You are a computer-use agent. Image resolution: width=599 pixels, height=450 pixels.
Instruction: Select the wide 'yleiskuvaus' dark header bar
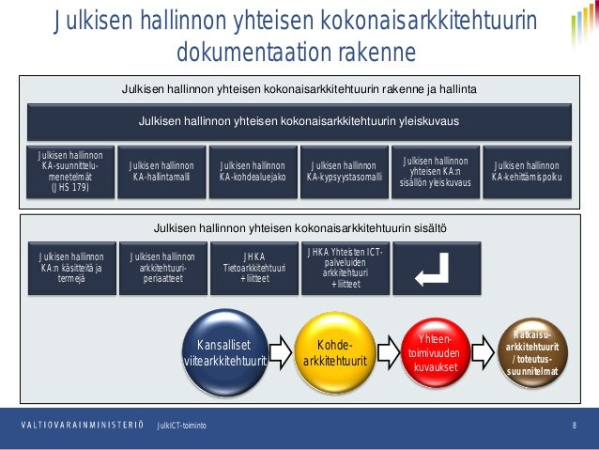299,122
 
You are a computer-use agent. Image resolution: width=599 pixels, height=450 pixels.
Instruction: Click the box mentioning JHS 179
70,171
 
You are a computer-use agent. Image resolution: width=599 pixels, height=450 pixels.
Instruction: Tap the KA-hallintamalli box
161,171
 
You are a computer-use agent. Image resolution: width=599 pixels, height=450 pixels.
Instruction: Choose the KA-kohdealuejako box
253,171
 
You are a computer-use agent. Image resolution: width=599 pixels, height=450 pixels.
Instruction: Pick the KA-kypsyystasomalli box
344,171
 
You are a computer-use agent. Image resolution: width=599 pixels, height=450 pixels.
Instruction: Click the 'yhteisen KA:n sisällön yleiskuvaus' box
435,171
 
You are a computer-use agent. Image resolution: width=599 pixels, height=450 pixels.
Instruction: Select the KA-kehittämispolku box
526,171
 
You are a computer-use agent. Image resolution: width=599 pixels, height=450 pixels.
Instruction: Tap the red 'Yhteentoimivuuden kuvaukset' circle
435,352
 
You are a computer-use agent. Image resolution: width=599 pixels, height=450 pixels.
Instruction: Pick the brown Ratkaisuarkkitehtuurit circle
533,352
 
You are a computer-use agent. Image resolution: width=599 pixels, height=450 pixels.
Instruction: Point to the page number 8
574,426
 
